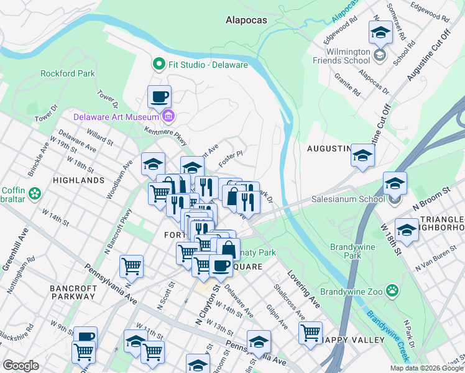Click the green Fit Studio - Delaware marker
159,64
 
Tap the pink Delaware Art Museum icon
168,116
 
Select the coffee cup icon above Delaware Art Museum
159,97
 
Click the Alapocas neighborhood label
246,20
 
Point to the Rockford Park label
68,73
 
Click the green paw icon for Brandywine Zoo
392,290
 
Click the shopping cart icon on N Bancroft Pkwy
132,267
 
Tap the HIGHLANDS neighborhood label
79,180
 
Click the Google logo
21,366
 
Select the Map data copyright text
426,368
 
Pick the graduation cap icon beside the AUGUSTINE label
362,155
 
